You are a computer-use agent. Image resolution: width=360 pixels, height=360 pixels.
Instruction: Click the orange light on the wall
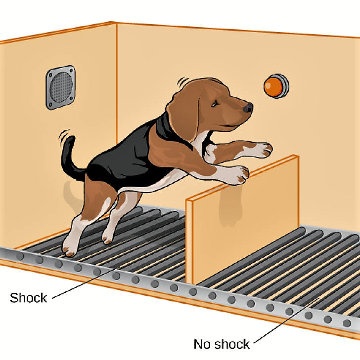(x=276, y=86)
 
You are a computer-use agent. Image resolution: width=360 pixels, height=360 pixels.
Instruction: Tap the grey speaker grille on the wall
(x=60, y=87)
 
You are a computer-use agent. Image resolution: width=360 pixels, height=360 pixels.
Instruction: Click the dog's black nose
(x=248, y=108)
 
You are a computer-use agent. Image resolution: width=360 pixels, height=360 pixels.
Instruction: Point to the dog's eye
(x=215, y=104)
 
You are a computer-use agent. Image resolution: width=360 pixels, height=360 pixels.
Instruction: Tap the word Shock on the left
(x=28, y=298)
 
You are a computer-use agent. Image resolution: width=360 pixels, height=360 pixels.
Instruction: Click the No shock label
(x=222, y=344)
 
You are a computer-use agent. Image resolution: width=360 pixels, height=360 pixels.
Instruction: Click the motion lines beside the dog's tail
(x=64, y=136)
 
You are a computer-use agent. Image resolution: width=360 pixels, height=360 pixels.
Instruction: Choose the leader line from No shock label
(x=286, y=320)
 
